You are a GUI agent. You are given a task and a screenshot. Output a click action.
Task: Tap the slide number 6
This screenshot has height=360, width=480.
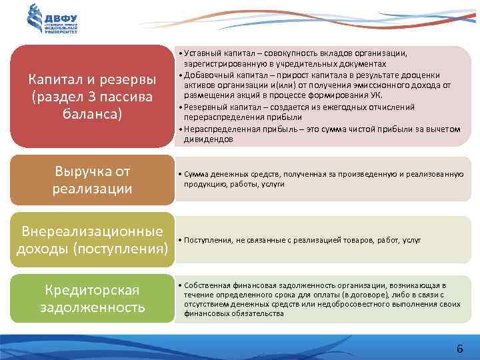[459, 349]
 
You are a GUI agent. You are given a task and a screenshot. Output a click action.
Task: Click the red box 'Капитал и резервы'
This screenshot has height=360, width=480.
[92, 97]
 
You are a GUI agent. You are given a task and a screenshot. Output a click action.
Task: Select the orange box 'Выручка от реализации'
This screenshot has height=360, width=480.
[92, 180]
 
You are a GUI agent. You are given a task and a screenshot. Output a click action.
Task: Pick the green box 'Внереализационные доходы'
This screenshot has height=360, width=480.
[92, 240]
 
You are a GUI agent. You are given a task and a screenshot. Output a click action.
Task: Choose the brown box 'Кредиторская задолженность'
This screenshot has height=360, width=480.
[92, 298]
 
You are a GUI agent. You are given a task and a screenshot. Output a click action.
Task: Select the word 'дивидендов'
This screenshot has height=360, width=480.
[209, 139]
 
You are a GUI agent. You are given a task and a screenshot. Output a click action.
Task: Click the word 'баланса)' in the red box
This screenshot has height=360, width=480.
[92, 114]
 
